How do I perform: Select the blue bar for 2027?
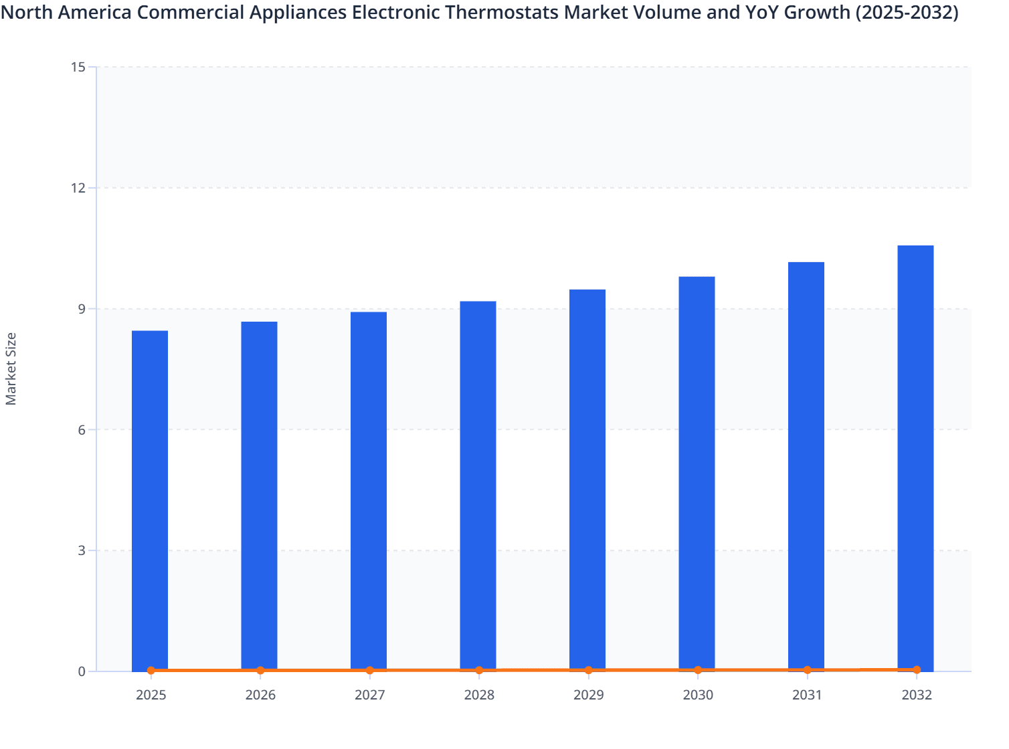point(369,491)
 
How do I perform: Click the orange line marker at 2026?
point(260,670)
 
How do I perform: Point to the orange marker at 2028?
point(479,670)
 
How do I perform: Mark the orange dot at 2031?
point(807,669)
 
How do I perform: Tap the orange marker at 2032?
point(917,669)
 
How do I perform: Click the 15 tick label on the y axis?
point(78,67)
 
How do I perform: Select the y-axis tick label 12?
point(78,188)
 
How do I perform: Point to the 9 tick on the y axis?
point(82,309)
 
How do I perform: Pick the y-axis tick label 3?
point(82,550)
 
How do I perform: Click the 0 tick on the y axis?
point(82,671)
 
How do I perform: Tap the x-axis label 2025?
point(151,695)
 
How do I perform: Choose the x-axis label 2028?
point(479,695)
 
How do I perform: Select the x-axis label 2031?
point(807,695)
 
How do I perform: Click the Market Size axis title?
point(11,368)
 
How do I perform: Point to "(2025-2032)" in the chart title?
point(907,12)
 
